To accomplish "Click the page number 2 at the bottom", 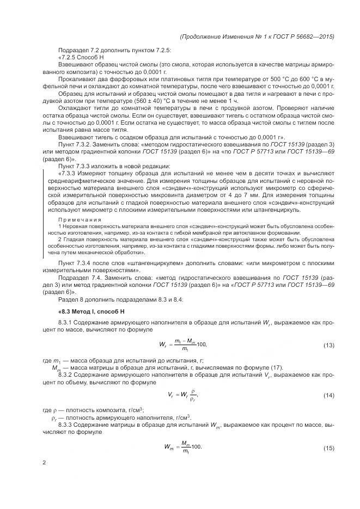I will point(44,463).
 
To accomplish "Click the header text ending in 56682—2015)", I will point(256,36).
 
